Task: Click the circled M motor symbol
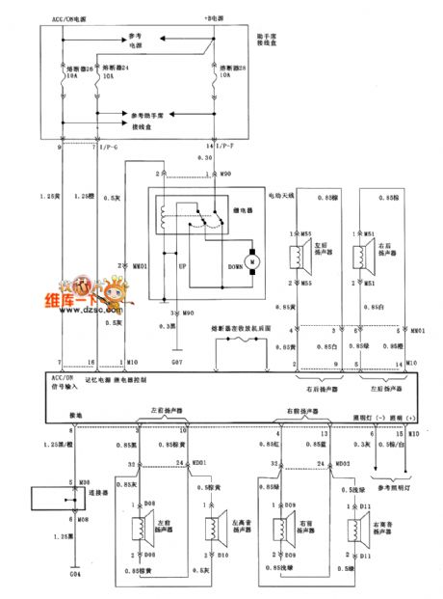click(251, 260)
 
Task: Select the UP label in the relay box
click(179, 262)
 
